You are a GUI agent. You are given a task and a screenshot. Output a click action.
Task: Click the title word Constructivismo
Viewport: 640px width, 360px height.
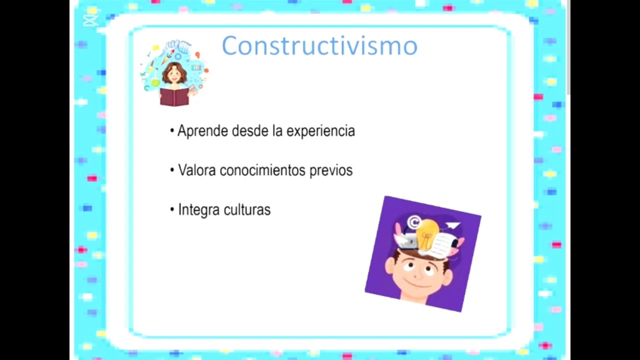(x=319, y=46)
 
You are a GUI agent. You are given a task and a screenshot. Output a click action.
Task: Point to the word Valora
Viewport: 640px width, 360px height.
(x=197, y=170)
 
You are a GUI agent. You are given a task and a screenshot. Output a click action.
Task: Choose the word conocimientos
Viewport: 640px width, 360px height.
(x=262, y=170)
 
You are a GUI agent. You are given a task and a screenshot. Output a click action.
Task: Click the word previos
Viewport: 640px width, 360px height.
(x=331, y=170)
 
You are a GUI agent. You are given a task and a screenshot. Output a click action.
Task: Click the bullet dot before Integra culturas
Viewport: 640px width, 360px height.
(x=172, y=209)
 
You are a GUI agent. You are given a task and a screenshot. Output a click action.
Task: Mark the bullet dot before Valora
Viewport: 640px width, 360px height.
(x=172, y=170)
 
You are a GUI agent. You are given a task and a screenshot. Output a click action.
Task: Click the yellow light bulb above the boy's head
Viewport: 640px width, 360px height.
(x=426, y=233)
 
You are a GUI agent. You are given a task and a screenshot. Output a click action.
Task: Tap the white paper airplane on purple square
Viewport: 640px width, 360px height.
(x=452, y=226)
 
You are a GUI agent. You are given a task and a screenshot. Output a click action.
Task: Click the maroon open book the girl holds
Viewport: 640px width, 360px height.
(x=174, y=96)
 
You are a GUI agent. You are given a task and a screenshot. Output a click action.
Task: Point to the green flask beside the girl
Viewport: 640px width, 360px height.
(x=155, y=80)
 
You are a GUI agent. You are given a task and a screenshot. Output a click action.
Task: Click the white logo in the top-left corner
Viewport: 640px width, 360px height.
(x=90, y=20)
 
